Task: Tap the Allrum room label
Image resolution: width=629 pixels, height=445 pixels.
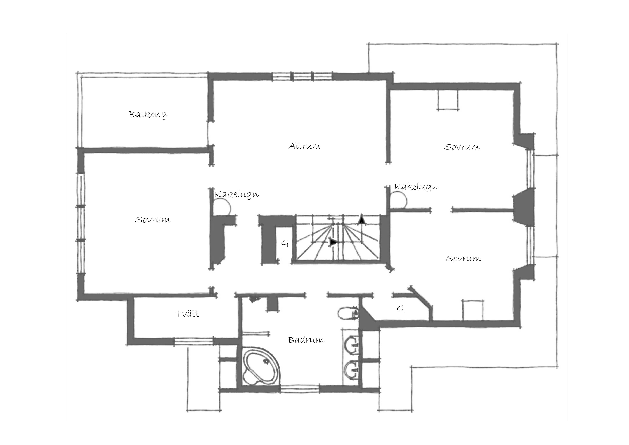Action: [x=305, y=146]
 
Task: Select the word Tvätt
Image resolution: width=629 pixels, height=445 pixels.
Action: [x=188, y=314]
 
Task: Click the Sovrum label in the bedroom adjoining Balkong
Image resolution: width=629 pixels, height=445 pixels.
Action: [x=153, y=220]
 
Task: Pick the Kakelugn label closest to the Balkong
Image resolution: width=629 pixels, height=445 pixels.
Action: [x=237, y=194]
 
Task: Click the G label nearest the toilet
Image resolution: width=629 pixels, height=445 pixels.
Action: [x=400, y=309]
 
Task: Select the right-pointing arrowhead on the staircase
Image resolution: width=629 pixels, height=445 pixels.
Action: [x=333, y=242]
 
